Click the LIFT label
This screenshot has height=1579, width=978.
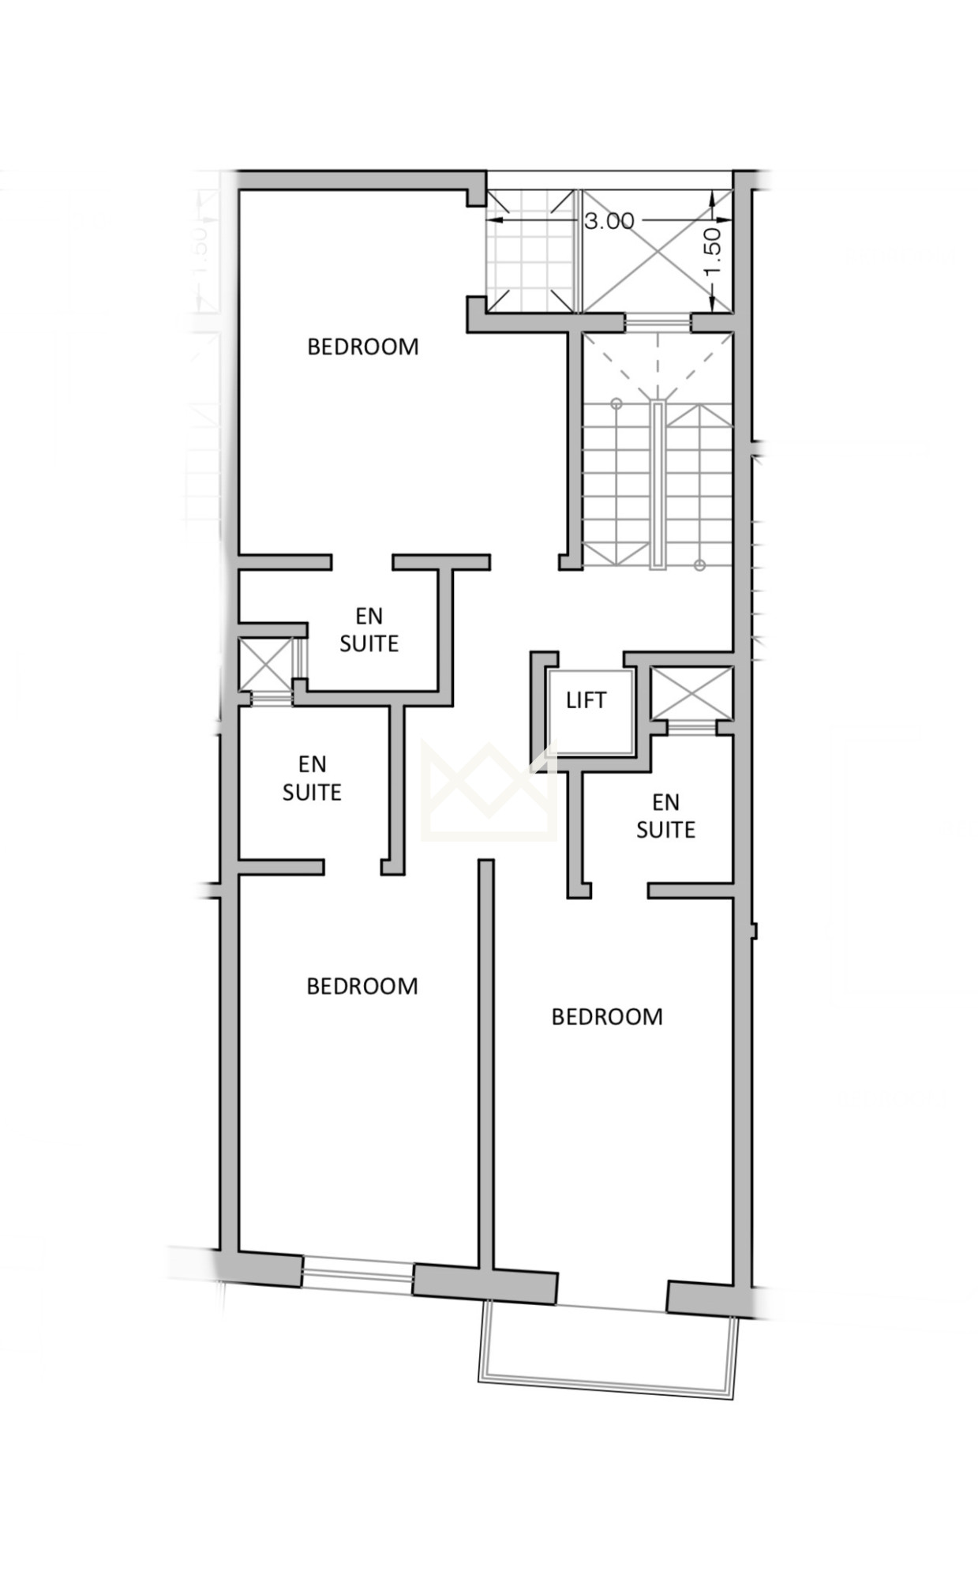tap(586, 700)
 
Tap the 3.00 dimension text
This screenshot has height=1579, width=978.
tap(609, 221)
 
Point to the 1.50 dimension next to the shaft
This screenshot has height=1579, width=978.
tap(712, 252)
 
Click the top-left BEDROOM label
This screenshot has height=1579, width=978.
tap(362, 347)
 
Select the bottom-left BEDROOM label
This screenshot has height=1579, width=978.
tap(362, 986)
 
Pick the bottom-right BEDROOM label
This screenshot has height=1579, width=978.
tap(607, 1016)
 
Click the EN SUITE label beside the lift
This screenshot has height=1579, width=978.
tap(665, 816)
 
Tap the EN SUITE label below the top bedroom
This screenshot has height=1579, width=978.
tap(369, 630)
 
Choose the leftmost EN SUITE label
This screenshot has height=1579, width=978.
tap(312, 778)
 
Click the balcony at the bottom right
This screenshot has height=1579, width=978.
tap(609, 1351)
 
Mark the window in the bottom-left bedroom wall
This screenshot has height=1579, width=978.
tap(358, 1275)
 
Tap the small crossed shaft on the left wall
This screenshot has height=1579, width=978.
tap(266, 663)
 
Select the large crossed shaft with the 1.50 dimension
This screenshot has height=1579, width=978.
tap(657, 251)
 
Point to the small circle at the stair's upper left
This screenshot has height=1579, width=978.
tap(616, 404)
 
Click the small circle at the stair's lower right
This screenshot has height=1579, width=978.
tap(699, 564)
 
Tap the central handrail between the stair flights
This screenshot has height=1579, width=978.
tap(658, 484)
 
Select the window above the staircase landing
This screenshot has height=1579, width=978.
tap(658, 322)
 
